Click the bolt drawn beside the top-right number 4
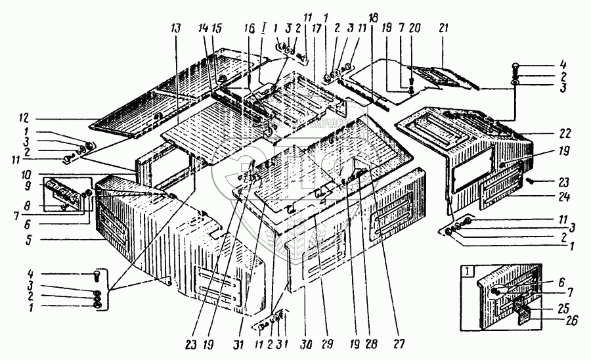(x=516, y=67)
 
